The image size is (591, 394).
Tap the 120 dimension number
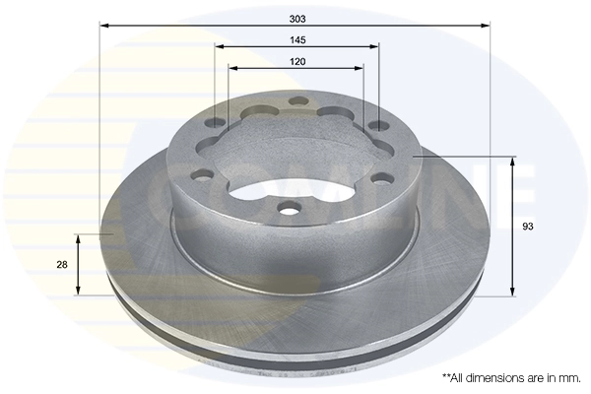click(x=297, y=61)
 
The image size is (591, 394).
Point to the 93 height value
click(x=528, y=227)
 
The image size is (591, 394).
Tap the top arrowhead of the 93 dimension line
click(x=512, y=161)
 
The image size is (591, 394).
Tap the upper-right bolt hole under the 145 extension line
click(x=378, y=125)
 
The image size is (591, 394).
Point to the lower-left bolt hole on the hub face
click(x=202, y=178)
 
